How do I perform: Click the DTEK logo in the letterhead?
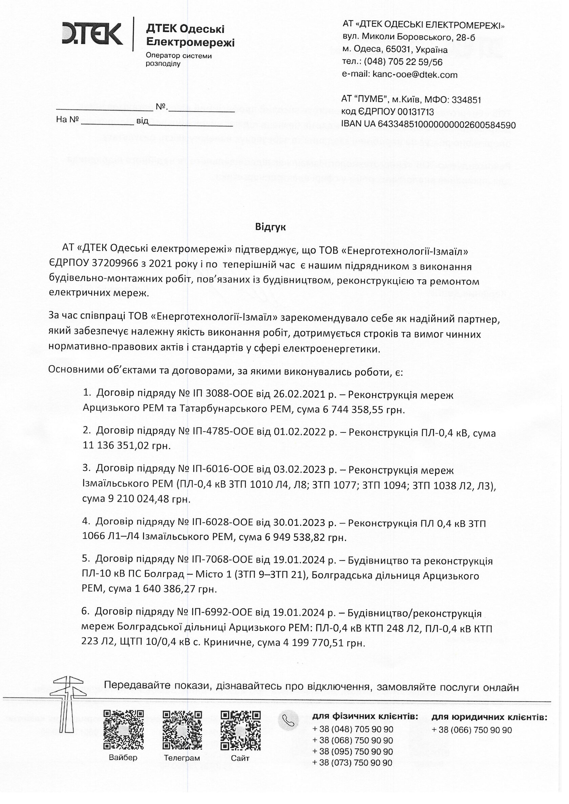click(92, 34)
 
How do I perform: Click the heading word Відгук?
click(270, 227)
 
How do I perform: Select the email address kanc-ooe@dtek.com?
click(415, 74)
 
